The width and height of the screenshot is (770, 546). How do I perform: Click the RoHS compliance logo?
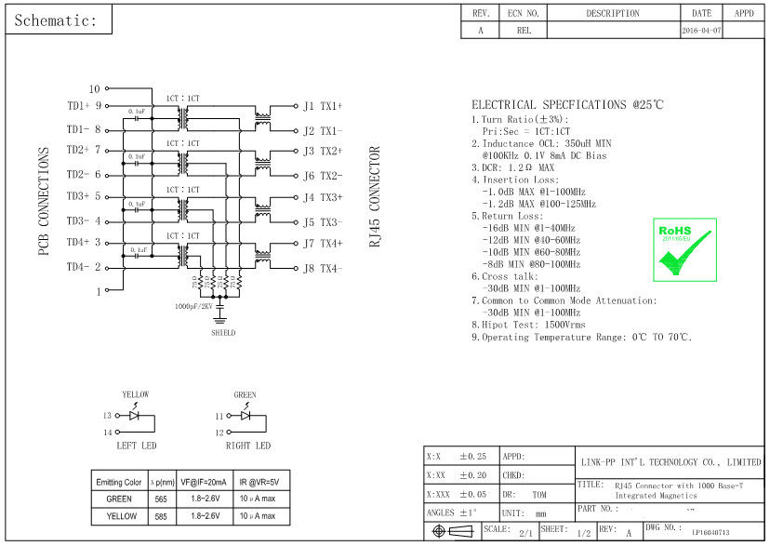point(687,249)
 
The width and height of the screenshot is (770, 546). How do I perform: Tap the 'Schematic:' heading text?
point(56,20)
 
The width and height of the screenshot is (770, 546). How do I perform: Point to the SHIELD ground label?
point(222,332)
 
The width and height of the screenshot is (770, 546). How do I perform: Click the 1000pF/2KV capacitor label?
point(193,306)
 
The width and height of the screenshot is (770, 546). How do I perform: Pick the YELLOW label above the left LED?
point(135,394)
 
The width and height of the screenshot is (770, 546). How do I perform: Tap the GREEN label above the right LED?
point(245,394)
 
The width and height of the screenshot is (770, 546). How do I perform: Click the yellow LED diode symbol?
point(134,416)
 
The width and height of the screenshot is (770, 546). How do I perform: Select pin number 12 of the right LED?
point(219,433)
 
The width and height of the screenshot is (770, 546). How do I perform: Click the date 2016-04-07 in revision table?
point(701,30)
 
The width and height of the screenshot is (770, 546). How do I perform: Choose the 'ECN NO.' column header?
point(523,13)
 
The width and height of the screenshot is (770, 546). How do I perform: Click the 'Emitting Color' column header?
point(119,482)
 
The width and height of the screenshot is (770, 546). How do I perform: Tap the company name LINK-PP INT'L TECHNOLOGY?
point(670,461)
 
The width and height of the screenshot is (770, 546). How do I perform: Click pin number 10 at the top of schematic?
point(94,88)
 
